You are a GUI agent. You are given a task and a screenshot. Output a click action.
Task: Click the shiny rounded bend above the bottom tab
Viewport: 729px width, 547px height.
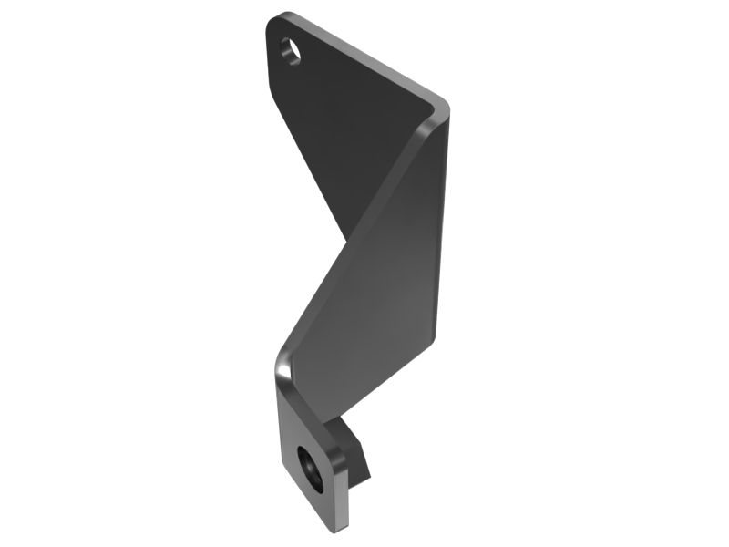[x=282, y=365]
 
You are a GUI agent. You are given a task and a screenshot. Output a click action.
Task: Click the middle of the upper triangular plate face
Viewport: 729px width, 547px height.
[x=346, y=128]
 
